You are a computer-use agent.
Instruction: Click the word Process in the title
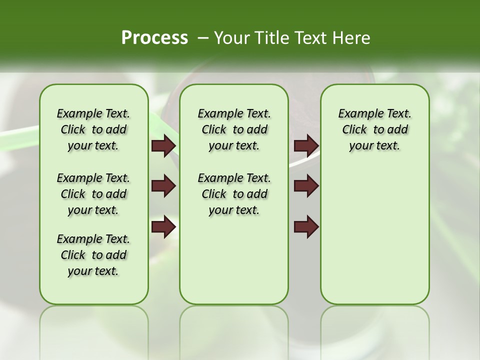[x=154, y=37]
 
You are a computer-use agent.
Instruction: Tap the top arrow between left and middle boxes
[x=163, y=146]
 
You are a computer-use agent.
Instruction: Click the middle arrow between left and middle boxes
[x=163, y=186]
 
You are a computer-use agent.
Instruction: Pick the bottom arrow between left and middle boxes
[x=163, y=227]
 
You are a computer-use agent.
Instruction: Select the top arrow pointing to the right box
[x=306, y=146]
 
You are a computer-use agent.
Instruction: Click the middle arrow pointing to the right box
[x=306, y=186]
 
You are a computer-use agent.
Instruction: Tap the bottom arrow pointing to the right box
[x=306, y=227]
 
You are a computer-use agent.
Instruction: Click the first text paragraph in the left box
[x=93, y=129]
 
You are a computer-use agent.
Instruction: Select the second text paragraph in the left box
[x=93, y=194]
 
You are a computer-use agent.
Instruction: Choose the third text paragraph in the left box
[x=93, y=255]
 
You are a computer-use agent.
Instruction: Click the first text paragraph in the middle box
[x=234, y=129]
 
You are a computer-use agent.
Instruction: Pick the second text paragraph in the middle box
[x=234, y=194]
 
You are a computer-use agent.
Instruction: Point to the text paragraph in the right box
[x=374, y=129]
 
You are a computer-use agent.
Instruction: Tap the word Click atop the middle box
[x=214, y=130]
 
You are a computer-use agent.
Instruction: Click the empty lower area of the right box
[x=374, y=235]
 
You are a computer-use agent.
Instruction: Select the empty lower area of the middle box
[x=234, y=260]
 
